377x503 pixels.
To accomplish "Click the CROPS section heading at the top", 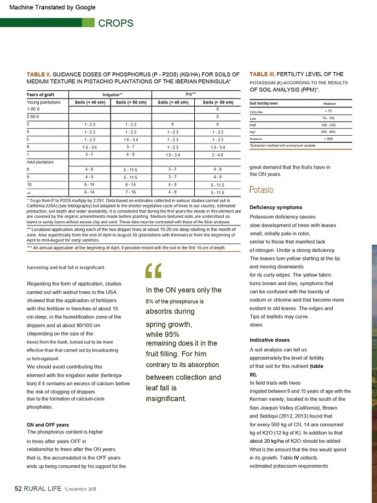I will pos(115,23).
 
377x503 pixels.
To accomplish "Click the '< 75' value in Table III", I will pos(326,111).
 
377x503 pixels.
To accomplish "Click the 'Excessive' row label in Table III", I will pos(257,139).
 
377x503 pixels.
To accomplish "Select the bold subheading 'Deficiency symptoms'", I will pos(276,207).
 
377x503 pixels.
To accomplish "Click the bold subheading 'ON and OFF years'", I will pos(48,424).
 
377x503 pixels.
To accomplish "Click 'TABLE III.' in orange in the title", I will pos(262,74).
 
